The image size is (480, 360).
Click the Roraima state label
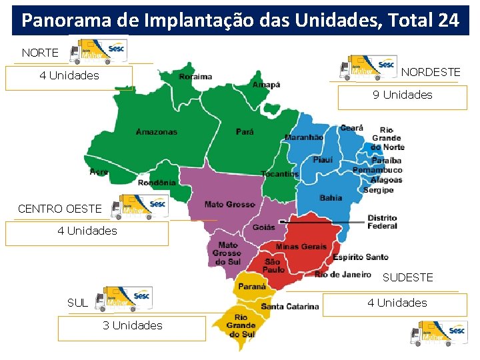[x=195, y=77]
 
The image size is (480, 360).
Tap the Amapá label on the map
[x=266, y=85]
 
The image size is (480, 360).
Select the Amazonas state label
[x=157, y=132]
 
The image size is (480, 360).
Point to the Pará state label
[x=245, y=132]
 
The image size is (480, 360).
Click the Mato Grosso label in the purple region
[x=230, y=205]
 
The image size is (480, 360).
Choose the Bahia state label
[x=331, y=198]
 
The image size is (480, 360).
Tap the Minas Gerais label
[x=301, y=247]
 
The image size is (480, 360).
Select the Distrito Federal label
[x=382, y=222]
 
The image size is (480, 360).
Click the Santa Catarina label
[x=290, y=307]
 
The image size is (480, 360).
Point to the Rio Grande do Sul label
[x=241, y=325]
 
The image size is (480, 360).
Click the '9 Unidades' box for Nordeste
[x=402, y=95]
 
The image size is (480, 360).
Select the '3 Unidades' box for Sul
[x=132, y=326]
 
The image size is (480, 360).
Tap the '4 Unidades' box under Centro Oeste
[x=87, y=231]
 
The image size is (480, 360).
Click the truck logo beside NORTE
[x=102, y=51]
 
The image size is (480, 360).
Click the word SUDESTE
[x=408, y=277]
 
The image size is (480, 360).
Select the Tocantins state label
[x=280, y=174]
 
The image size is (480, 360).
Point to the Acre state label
[x=99, y=172]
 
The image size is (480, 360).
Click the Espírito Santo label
[x=360, y=257]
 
